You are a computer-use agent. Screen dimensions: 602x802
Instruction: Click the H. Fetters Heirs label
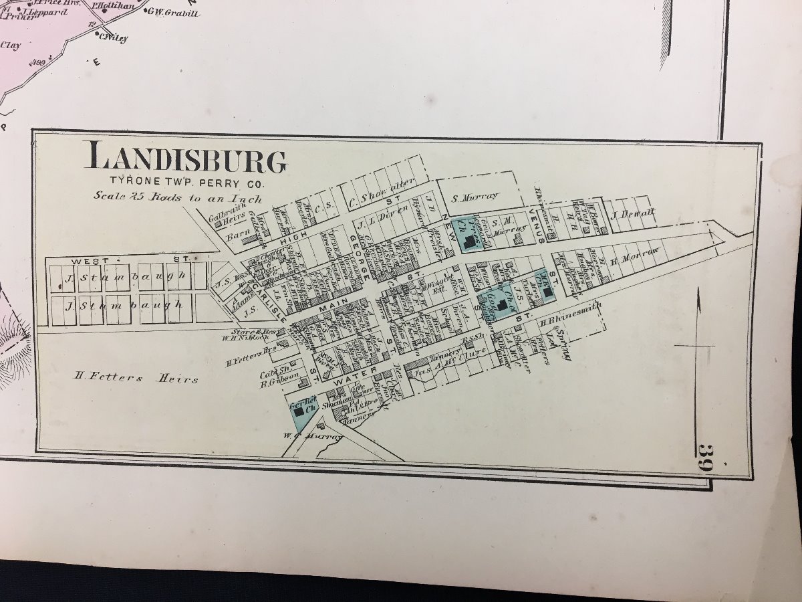[x=136, y=379]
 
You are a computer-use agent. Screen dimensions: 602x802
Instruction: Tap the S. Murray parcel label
[x=475, y=197]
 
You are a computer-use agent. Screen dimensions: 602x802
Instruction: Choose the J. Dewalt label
[x=632, y=214]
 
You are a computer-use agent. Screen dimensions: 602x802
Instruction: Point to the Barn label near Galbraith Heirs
[x=237, y=235]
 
